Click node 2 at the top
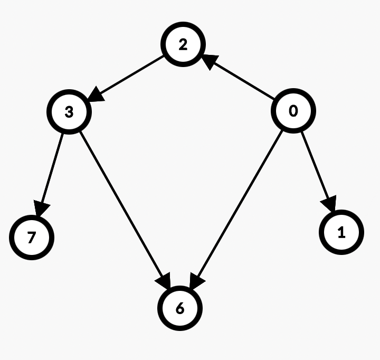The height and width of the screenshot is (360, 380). [183, 44]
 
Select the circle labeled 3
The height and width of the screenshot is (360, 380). [69, 112]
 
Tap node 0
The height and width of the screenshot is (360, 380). [293, 111]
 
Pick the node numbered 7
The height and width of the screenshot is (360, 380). [32, 238]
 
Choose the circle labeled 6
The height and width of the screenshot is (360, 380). [180, 308]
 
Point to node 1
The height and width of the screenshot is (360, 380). [341, 232]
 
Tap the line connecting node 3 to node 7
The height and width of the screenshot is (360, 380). [52, 169]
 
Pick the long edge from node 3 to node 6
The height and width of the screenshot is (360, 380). [124, 203]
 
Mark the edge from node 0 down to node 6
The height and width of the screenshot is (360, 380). [237, 206]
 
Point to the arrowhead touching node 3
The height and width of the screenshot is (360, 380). [96, 96]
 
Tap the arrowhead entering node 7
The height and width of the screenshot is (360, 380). [41, 207]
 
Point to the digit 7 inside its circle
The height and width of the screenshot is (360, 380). [32, 238]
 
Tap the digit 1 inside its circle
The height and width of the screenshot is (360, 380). [341, 232]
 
